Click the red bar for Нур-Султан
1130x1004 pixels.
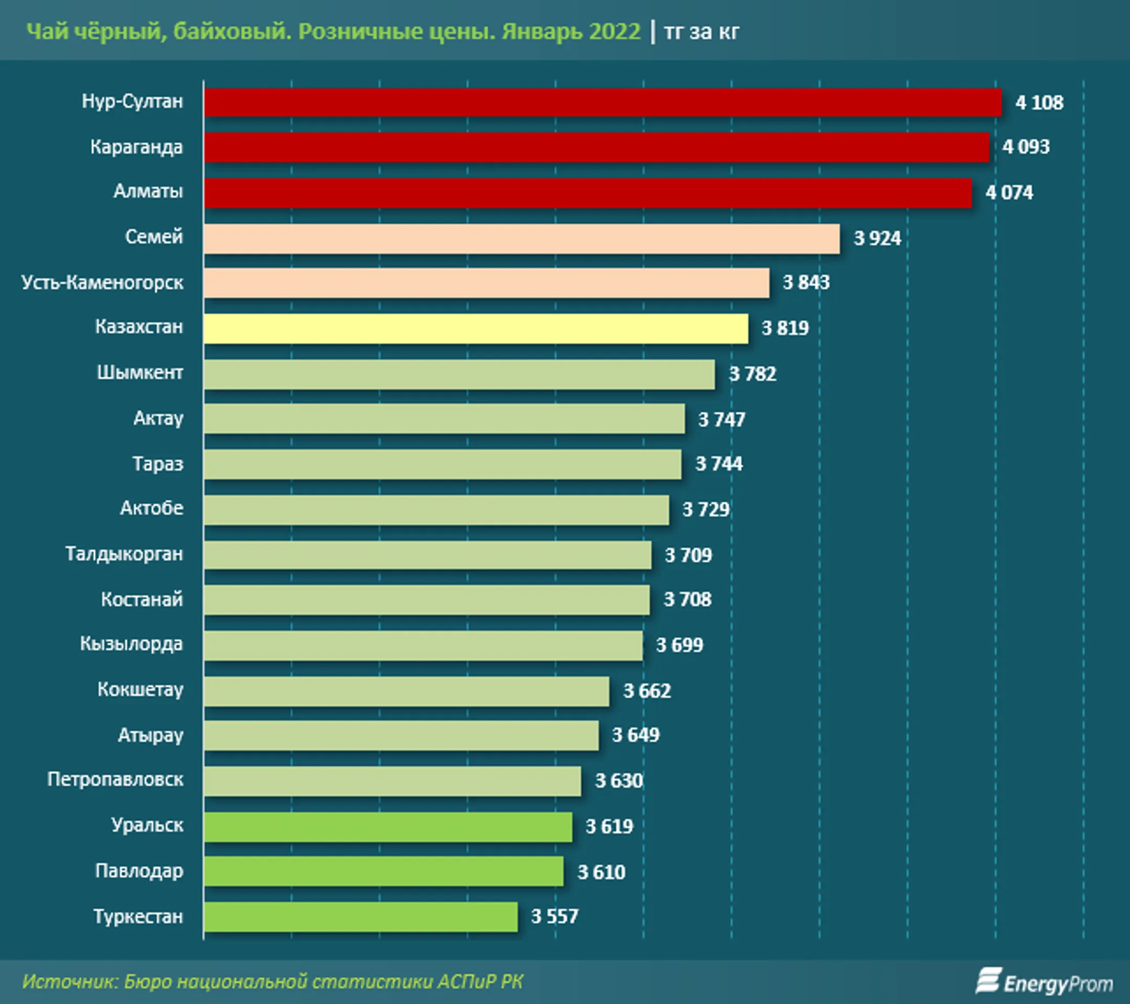[603, 102]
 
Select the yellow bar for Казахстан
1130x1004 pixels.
[476, 329]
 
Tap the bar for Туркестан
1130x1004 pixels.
[360, 917]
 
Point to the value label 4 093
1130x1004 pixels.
[1025, 147]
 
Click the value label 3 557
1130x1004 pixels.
[555, 917]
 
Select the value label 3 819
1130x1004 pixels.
[785, 328]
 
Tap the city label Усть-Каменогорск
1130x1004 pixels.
[102, 283]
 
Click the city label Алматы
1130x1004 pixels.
[148, 192]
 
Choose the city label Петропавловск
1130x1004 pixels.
[115, 779]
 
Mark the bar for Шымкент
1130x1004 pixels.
[459, 374]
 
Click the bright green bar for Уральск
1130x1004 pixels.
[388, 827]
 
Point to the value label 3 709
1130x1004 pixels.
[688, 555]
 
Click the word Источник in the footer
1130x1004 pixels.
[69, 981]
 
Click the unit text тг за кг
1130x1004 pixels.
[701, 31]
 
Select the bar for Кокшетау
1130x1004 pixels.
[406, 691]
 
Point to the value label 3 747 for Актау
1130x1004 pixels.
[721, 419]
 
